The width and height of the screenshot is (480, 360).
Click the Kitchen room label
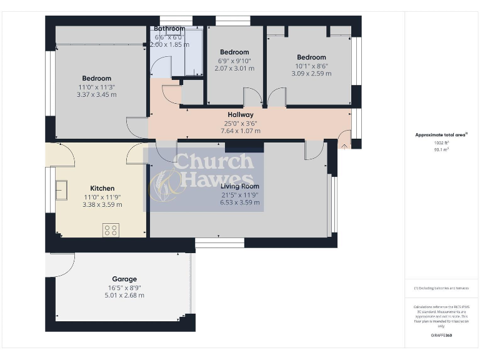click(102, 188)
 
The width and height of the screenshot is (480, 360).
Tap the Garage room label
click(124, 279)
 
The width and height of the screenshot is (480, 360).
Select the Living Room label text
click(240, 186)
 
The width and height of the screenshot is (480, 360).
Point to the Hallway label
click(240, 115)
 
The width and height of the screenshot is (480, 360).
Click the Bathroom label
click(169, 29)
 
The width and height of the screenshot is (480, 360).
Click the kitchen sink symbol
click(62, 189)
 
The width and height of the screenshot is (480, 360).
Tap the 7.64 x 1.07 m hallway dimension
click(240, 131)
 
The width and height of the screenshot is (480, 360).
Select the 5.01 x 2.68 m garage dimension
click(124, 296)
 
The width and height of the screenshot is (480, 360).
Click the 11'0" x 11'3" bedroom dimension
click(96, 87)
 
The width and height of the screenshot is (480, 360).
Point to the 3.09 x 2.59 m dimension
click(311, 74)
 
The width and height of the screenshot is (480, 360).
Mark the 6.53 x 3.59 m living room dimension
click(240, 202)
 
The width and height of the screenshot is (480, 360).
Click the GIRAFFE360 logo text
click(441, 336)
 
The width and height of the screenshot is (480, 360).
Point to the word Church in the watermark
click(214, 162)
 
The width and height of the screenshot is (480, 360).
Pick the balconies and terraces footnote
click(441, 288)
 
